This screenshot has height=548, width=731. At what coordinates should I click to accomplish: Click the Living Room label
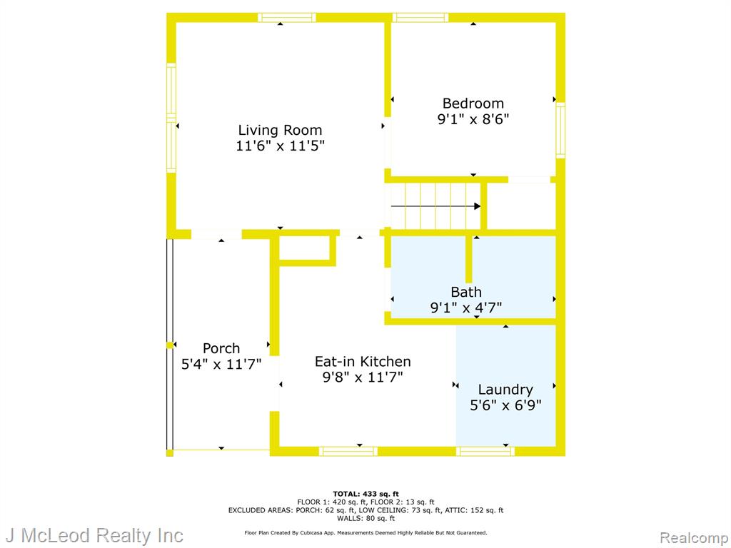[x=280, y=130]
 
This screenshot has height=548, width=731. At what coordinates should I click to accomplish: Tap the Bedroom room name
[x=473, y=103]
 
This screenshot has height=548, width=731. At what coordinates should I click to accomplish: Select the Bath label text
[x=465, y=292]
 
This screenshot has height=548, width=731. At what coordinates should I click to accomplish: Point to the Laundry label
[x=505, y=390]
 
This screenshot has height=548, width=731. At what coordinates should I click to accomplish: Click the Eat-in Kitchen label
[x=363, y=362]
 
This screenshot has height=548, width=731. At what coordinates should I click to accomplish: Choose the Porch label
[x=221, y=348]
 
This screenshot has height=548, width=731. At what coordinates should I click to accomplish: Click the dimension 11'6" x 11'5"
[x=280, y=146]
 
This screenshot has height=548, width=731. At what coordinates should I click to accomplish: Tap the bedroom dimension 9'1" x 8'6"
[x=473, y=119]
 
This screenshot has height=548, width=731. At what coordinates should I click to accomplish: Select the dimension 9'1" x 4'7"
[x=465, y=308]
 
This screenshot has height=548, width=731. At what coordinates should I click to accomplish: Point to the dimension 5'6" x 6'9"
[x=505, y=405]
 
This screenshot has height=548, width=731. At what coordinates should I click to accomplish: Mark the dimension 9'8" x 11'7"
[x=363, y=377]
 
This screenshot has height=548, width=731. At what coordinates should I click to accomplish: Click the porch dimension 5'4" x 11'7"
[x=221, y=364]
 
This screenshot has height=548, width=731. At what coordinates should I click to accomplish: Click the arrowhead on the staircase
[x=478, y=206]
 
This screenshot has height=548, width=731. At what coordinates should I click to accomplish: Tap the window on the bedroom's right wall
[x=560, y=130]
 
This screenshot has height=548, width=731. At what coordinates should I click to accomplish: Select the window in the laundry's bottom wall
[x=485, y=451]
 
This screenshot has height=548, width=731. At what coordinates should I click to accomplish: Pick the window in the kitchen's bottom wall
[x=348, y=451]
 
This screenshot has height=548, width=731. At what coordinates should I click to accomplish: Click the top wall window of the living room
[x=287, y=18]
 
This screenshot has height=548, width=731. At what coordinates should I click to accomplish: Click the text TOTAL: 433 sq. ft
[x=365, y=494]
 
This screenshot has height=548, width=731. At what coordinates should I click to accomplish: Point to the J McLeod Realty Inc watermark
[x=94, y=535]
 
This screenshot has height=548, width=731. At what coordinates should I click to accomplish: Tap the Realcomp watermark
[x=694, y=538]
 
